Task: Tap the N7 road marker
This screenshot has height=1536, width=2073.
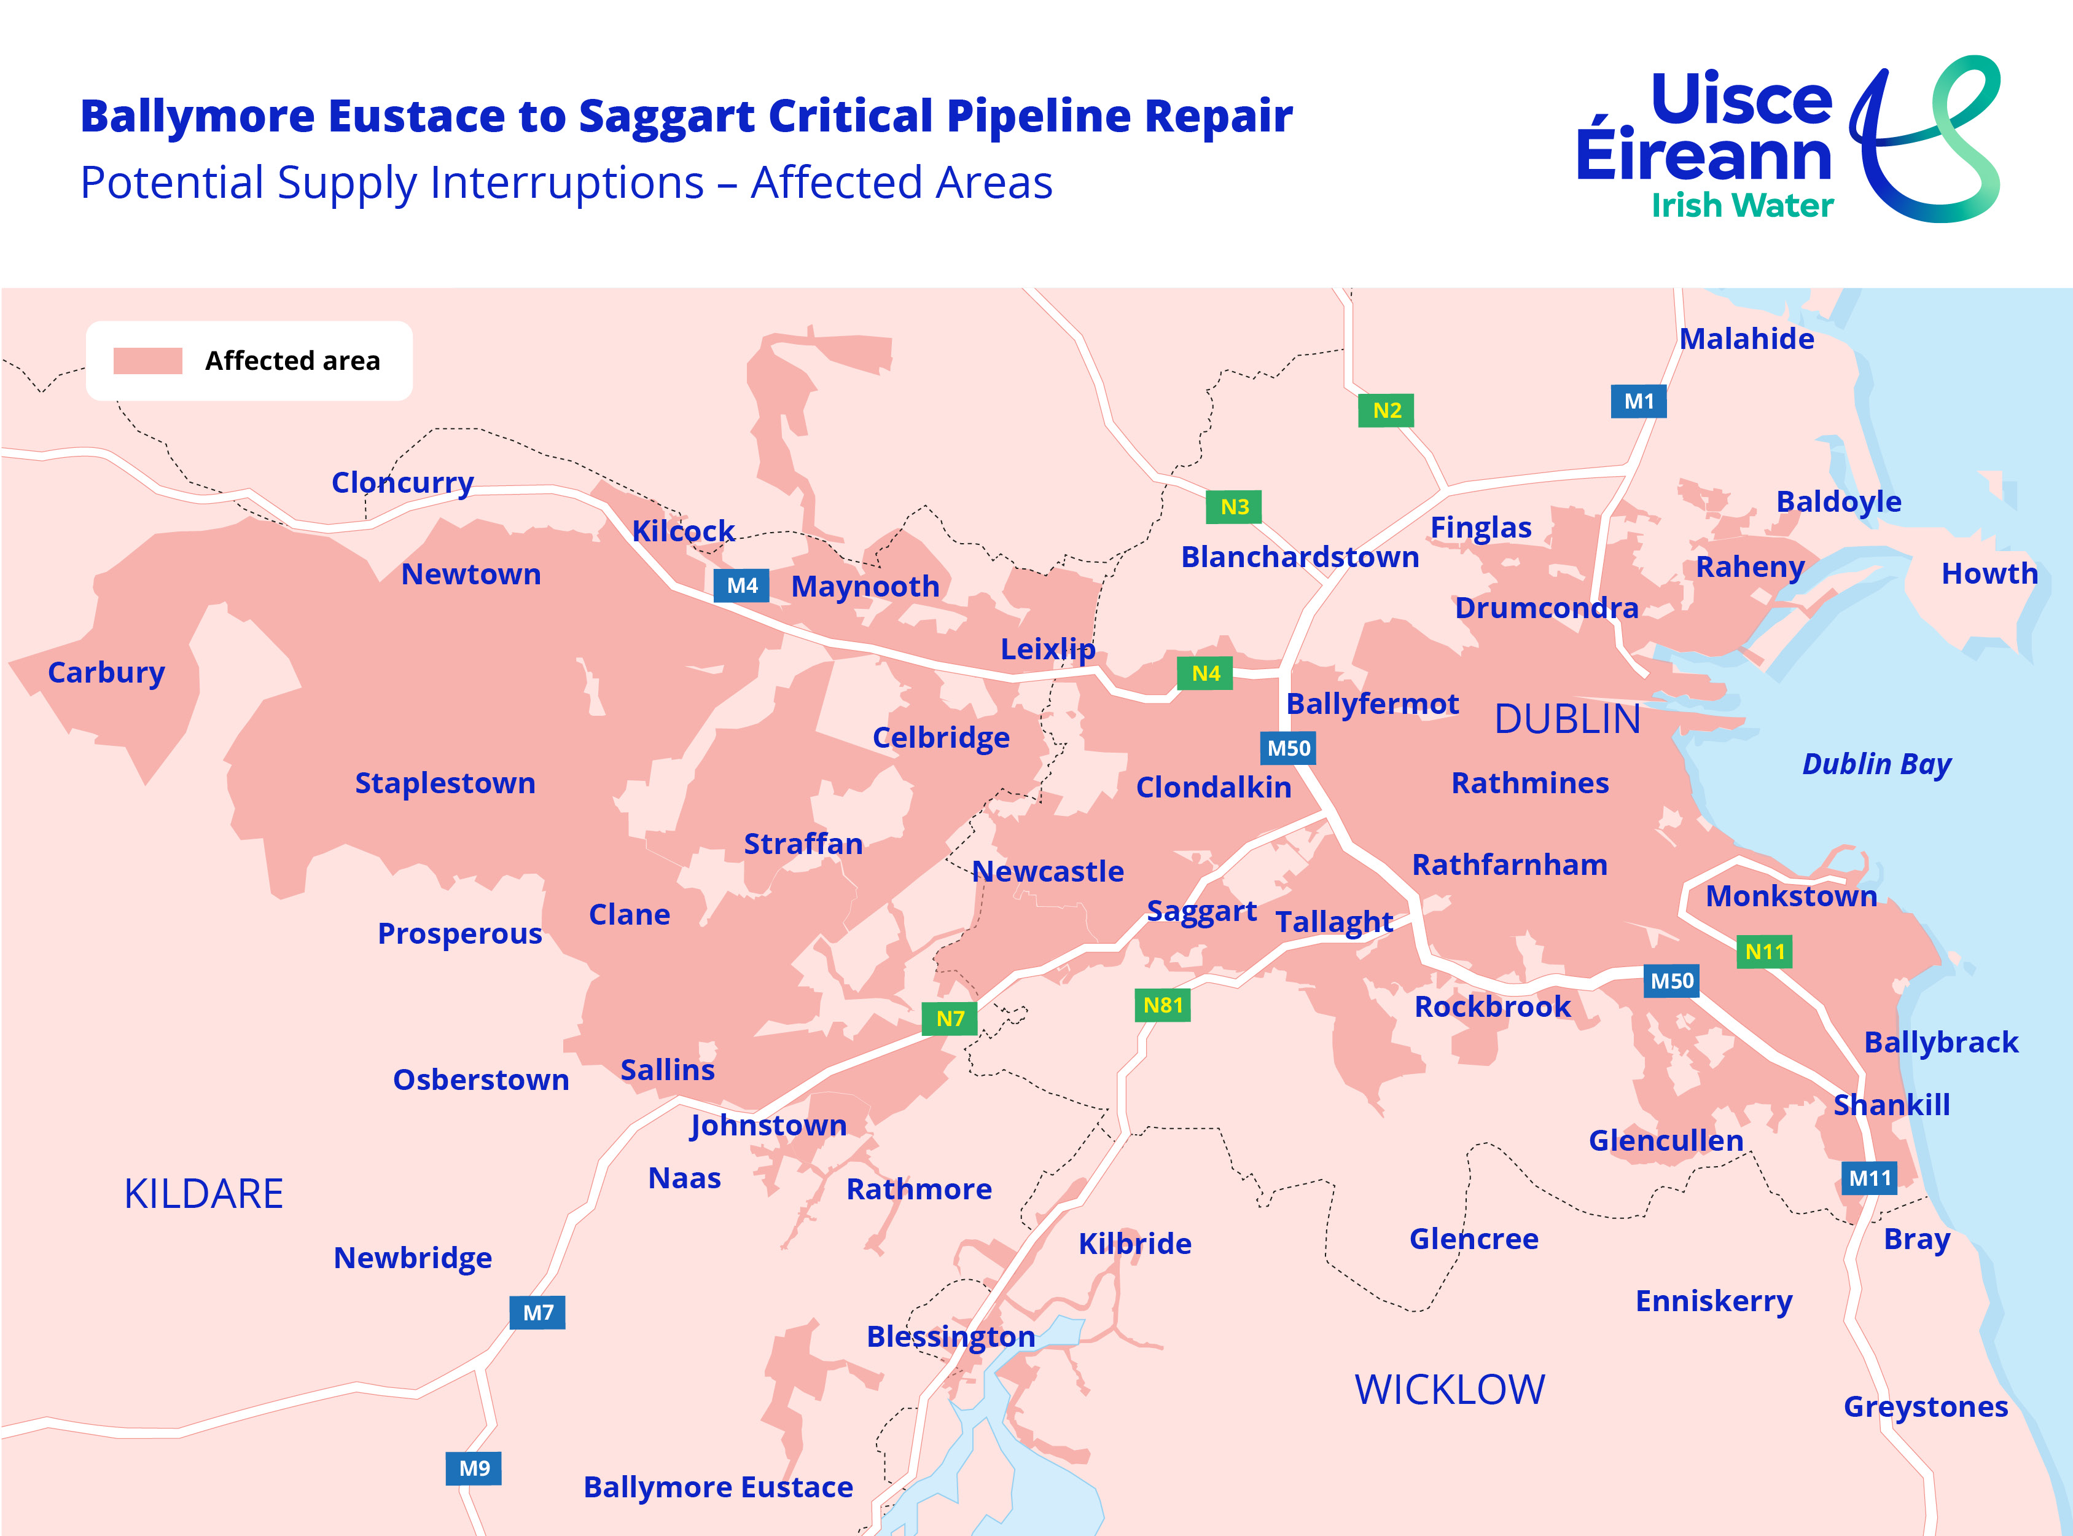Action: click(x=949, y=1018)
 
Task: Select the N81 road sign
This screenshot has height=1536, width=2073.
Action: click(x=1162, y=1005)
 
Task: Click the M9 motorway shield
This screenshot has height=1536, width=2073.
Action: click(x=474, y=1468)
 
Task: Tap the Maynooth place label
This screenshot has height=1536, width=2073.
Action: click(x=865, y=587)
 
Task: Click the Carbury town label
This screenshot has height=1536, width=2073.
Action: click(x=106, y=672)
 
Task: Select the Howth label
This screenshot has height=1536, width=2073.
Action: click(x=1989, y=574)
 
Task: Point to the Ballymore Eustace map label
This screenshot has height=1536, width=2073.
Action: click(x=717, y=1487)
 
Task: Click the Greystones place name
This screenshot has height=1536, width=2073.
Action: click(x=1925, y=1407)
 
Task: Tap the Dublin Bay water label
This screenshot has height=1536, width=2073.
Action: click(x=1876, y=764)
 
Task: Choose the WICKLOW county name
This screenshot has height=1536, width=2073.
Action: click(x=1449, y=1390)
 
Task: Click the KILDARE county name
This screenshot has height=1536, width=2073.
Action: click(x=203, y=1194)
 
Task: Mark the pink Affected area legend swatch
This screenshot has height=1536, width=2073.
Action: click(x=148, y=361)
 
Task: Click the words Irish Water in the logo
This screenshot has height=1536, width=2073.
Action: click(x=1742, y=205)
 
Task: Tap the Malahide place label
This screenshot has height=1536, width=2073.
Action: click(x=1746, y=339)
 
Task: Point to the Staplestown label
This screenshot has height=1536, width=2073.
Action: click(x=445, y=783)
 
